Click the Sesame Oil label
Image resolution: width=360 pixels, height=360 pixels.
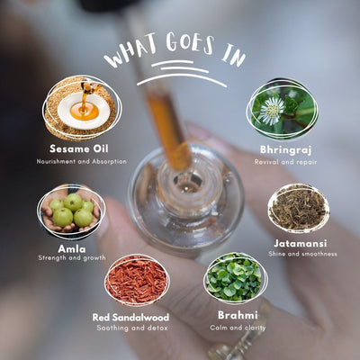click(x=79, y=148)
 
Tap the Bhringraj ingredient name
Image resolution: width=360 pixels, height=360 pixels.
click(x=285, y=150)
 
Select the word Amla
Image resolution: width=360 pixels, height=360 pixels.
click(x=72, y=249)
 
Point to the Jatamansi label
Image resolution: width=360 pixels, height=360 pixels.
click(x=301, y=243)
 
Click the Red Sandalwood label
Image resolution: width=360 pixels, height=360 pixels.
click(x=130, y=317)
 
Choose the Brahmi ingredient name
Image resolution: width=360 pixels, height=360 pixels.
click(x=238, y=315)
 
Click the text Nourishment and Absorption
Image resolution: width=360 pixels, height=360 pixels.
click(x=82, y=161)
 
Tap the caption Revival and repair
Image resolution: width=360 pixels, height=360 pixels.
click(x=285, y=162)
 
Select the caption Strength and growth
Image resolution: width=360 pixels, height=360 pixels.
click(x=72, y=257)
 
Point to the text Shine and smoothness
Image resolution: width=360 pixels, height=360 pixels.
click(x=302, y=254)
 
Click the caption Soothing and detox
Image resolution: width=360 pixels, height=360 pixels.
click(x=132, y=328)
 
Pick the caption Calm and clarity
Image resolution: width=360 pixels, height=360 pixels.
click(x=238, y=328)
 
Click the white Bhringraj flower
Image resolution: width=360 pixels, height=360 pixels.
click(x=272, y=111)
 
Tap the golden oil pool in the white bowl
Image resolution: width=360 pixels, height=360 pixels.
click(x=85, y=112)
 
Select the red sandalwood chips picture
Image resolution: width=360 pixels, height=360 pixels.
click(x=137, y=280)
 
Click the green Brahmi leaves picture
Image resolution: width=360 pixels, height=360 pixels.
click(x=234, y=277)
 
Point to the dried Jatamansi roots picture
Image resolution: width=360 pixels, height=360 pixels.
click(x=299, y=208)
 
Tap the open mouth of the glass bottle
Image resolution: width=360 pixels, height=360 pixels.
click(x=188, y=182)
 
